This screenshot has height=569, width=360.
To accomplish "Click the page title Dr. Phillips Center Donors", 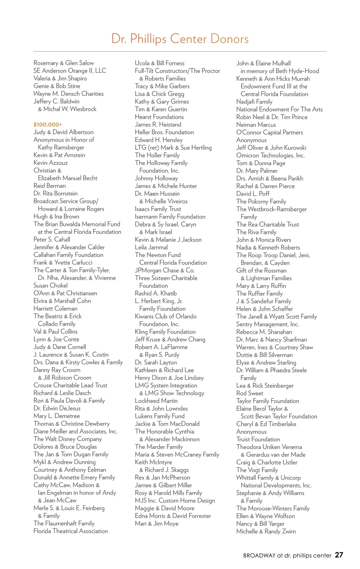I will (180, 39).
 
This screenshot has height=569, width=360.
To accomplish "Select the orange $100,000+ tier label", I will (48, 124).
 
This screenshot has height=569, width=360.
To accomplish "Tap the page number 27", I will (339, 555).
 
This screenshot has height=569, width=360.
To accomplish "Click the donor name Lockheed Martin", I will (156, 401).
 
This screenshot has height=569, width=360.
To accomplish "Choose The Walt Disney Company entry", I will (67, 439).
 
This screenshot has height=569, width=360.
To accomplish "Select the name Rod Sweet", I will (250, 393).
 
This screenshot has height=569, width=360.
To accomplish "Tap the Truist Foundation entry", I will (258, 439).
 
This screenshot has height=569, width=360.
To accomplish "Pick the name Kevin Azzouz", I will (50, 163).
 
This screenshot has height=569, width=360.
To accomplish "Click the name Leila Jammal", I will (151, 247).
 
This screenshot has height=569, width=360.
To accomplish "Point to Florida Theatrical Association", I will (70, 531).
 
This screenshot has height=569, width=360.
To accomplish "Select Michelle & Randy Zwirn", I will (266, 531).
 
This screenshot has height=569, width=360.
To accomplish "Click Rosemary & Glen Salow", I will (64, 63).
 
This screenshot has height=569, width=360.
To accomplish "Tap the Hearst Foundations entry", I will (159, 117).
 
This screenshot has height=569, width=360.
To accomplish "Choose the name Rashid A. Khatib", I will (156, 293).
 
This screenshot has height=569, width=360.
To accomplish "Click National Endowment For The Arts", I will (279, 109).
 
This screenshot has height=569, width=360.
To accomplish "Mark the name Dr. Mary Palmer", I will (257, 171).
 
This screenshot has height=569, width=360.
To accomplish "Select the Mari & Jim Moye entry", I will (157, 523).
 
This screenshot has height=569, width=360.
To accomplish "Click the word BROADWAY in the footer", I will (259, 556).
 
